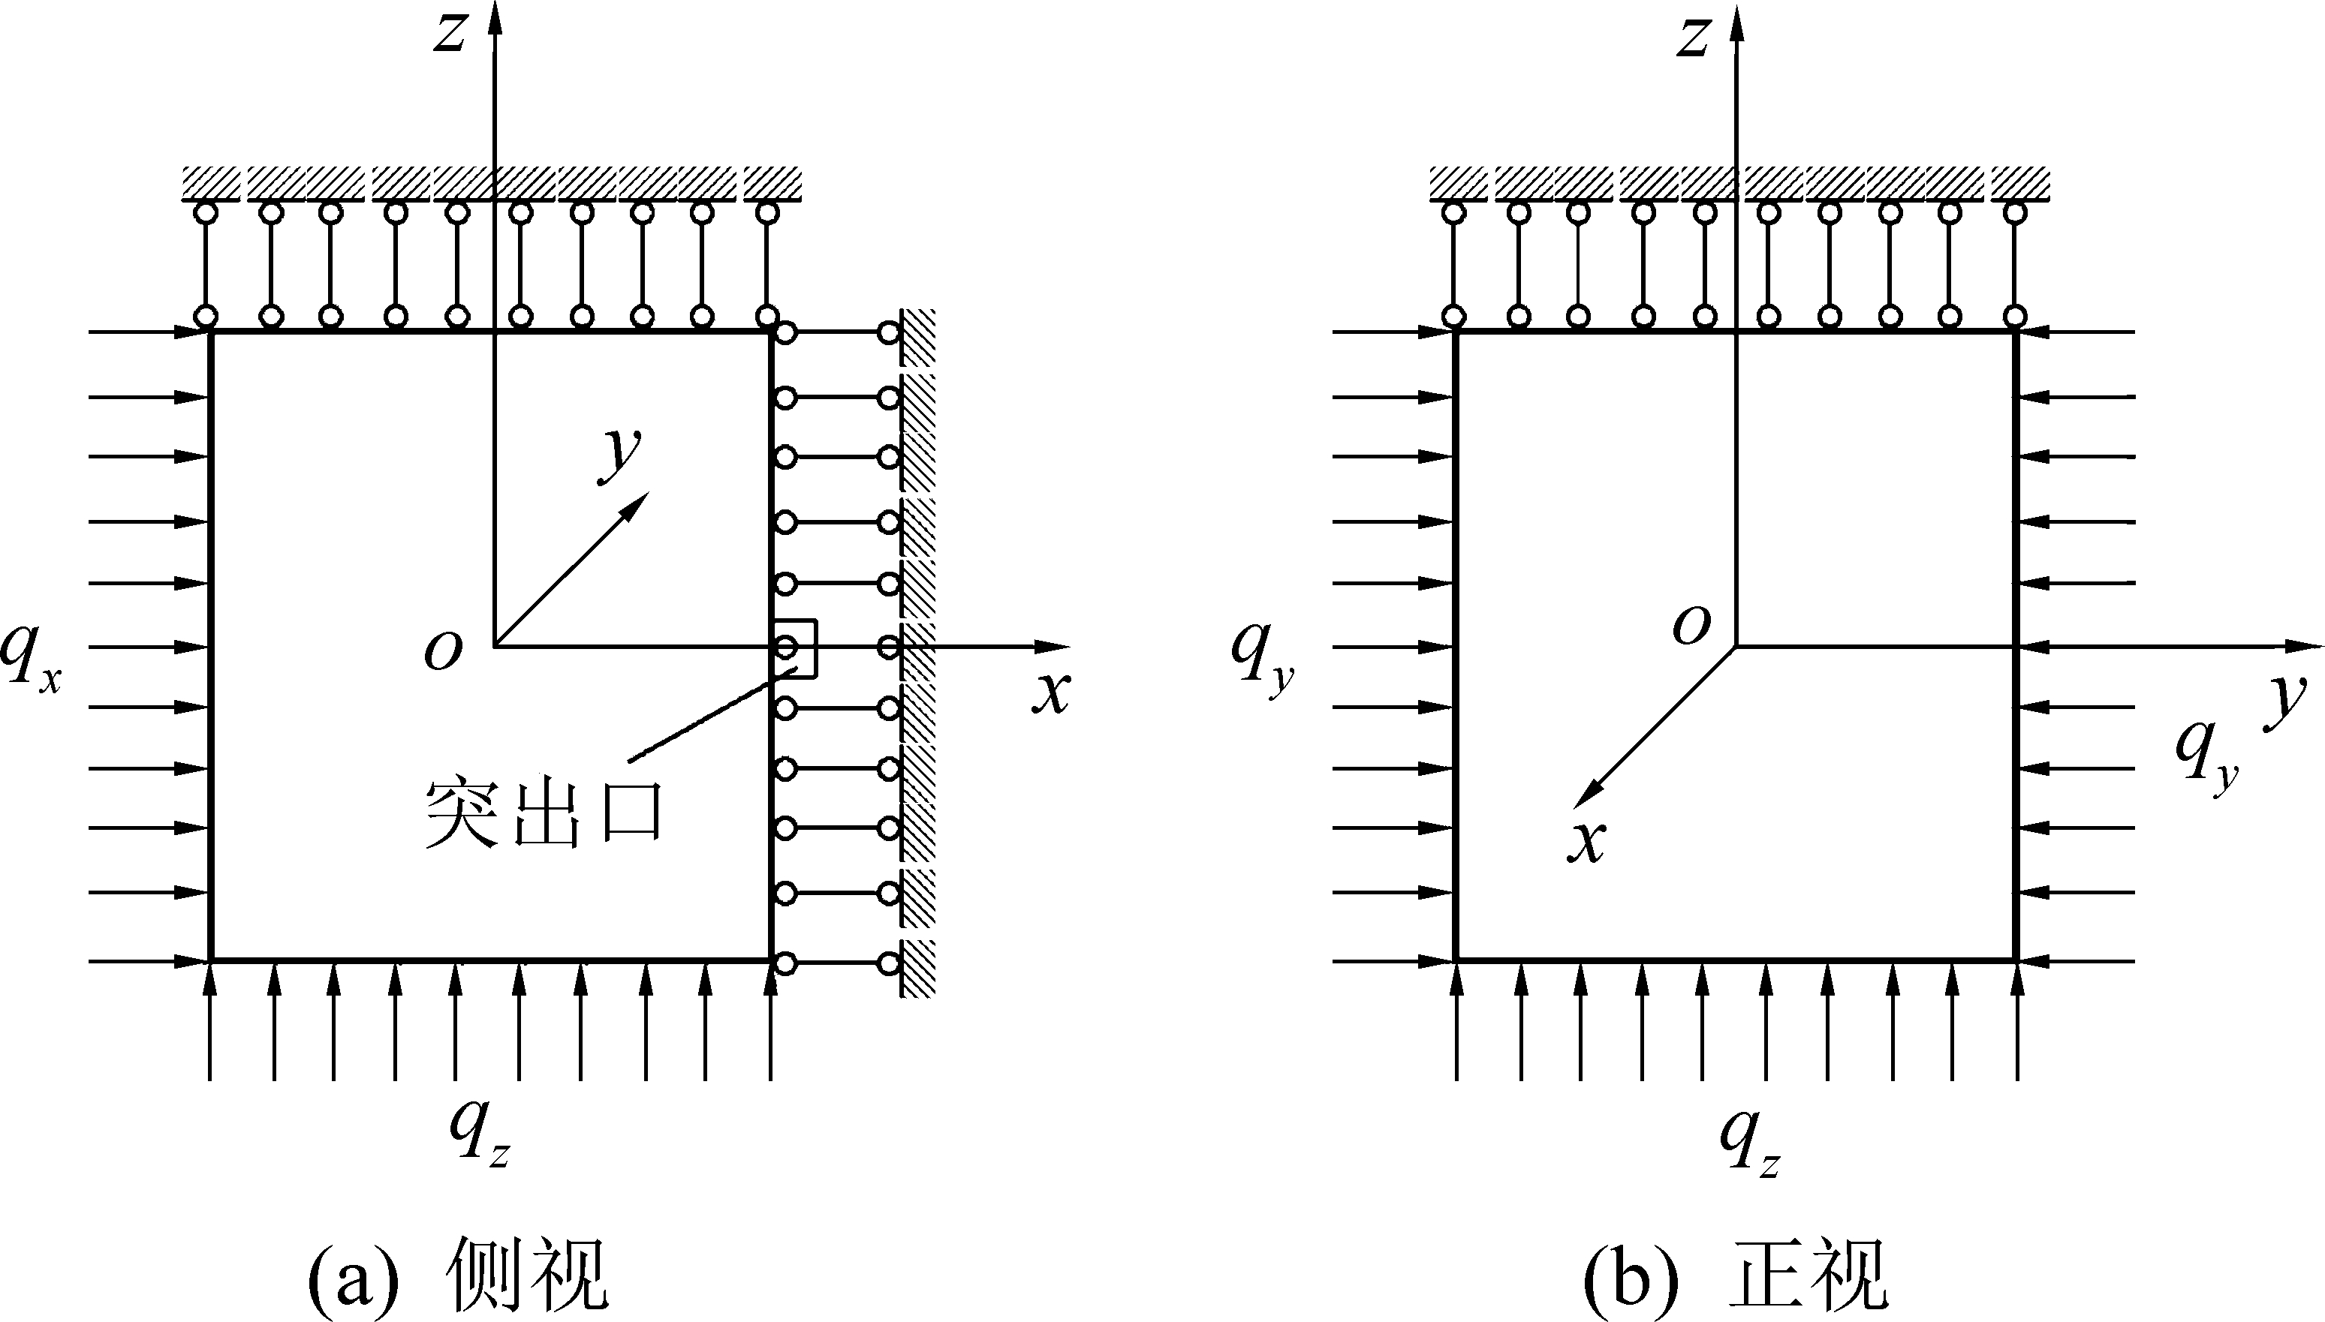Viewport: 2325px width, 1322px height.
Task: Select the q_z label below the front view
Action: pyautogui.click(x=1749, y=1144)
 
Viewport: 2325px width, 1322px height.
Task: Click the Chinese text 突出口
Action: pyautogui.click(x=543, y=813)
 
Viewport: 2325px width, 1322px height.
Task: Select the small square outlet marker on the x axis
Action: pyautogui.click(x=796, y=647)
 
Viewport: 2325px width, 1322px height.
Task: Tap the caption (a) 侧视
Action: pyautogui.click(x=459, y=1275)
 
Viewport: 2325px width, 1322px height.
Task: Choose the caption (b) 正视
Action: pyautogui.click(x=1735, y=1275)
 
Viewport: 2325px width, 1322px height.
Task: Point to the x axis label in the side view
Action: pyautogui.click(x=1051, y=695)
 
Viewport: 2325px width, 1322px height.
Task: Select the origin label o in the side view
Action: pyautogui.click(x=443, y=652)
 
